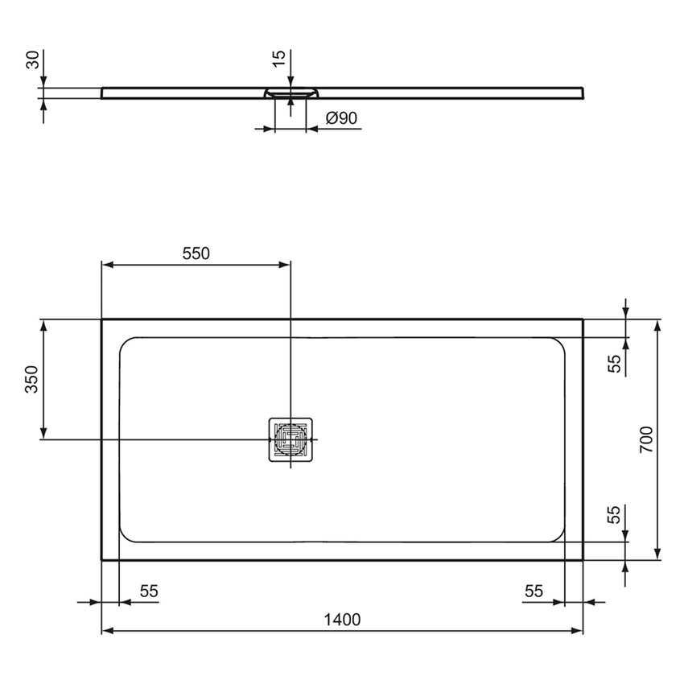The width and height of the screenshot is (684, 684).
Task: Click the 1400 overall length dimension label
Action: [342, 619]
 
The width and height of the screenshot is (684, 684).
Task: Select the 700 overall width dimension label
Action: [646, 439]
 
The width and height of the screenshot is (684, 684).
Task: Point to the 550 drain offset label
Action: [195, 253]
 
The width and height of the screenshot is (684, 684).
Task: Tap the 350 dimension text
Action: [31, 379]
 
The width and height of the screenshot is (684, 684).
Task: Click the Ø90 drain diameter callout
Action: [341, 118]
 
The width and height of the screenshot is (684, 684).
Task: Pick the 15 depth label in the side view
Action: [278, 59]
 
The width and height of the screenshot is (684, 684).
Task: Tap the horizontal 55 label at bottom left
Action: [149, 591]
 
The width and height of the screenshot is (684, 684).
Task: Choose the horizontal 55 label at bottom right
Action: [534, 591]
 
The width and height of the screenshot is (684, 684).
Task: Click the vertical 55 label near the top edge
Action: [615, 364]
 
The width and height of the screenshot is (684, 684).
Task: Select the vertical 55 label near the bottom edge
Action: [615, 515]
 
